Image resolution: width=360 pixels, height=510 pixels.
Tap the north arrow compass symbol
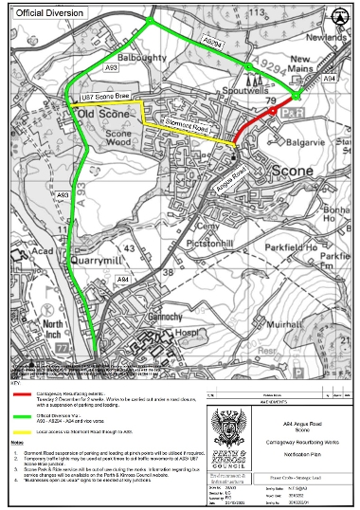pyautogui.click(x=336, y=17)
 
